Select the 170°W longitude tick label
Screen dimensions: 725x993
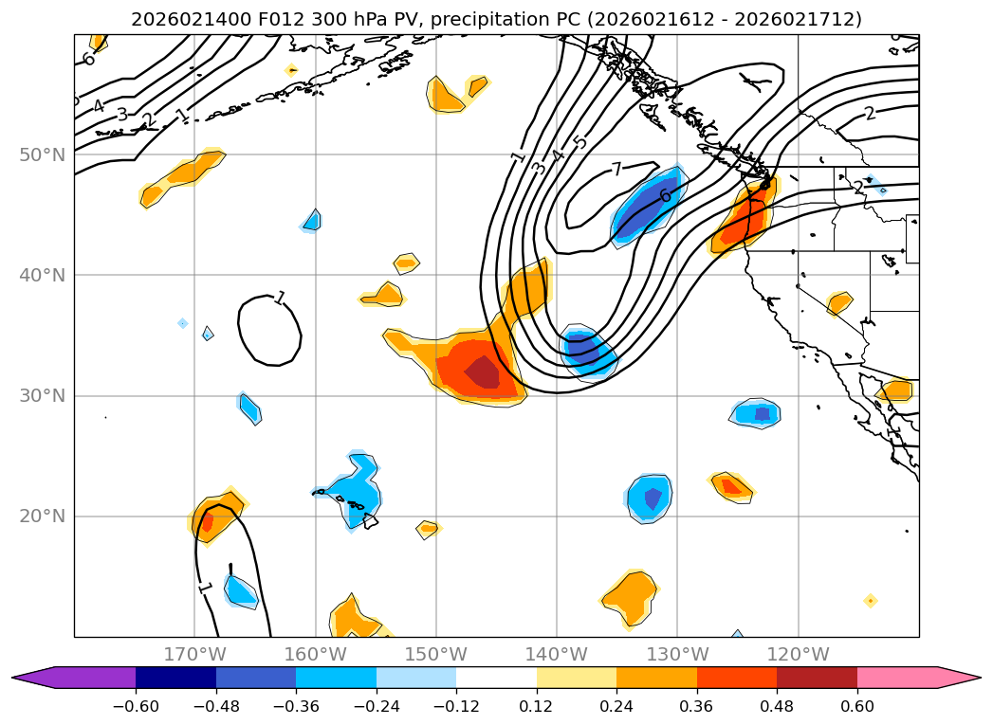pyautogui.click(x=194, y=654)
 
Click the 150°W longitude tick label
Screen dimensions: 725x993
pyautogui.click(x=436, y=654)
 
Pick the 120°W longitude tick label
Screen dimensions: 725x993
pyautogui.click(x=798, y=654)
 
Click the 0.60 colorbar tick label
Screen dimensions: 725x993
pyautogui.click(x=856, y=706)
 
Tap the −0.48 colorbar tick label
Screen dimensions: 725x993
pyautogui.click(x=216, y=706)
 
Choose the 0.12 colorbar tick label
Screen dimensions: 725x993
pyautogui.click(x=537, y=706)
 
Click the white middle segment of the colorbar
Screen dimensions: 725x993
pyautogui.click(x=496, y=678)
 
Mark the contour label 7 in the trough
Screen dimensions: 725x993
pyautogui.click(x=616, y=170)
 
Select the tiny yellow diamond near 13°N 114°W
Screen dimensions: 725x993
pyautogui.click(x=870, y=600)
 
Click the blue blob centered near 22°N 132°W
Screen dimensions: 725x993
pyautogui.click(x=650, y=497)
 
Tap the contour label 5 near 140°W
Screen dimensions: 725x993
pyautogui.click(x=580, y=143)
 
